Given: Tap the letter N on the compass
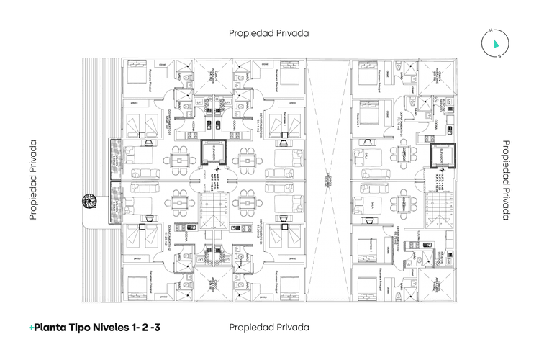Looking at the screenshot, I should pos(489,31).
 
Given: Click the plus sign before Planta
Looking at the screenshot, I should pos(31,327).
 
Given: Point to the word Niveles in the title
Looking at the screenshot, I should pos(119,327).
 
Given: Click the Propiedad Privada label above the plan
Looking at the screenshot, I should pos(269,32).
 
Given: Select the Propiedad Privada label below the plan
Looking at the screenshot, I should pos(269,327).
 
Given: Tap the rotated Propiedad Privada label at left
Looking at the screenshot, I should pos(33,180).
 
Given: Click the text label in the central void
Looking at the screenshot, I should pos(327,180).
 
